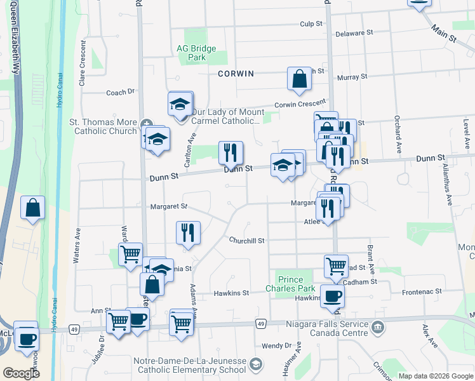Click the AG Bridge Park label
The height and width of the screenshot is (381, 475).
point(197,53)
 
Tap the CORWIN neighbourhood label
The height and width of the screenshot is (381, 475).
point(236,74)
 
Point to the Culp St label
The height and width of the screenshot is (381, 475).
point(312,23)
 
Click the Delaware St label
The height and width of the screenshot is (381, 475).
point(354,33)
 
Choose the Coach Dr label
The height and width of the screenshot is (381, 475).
point(121,92)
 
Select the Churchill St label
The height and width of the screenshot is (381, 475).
point(246,241)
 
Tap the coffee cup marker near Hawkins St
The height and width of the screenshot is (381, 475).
point(332,295)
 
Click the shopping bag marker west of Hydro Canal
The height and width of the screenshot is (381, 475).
point(32,208)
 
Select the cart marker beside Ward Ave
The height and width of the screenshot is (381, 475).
point(130,255)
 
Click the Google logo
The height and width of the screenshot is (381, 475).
point(21,373)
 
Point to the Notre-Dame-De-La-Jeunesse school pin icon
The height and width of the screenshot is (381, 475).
point(255,364)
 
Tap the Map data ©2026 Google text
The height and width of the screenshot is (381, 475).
point(435,376)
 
